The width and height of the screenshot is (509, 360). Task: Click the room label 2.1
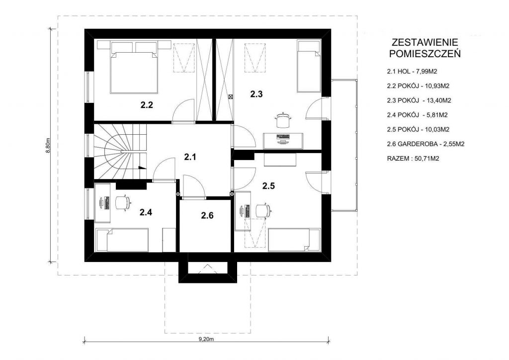click(x=190, y=157)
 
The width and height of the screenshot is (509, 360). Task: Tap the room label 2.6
click(x=207, y=215)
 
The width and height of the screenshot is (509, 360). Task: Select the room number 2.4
click(x=146, y=212)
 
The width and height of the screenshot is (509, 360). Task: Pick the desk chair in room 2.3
click(x=282, y=120)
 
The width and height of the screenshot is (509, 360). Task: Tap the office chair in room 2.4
click(x=123, y=203)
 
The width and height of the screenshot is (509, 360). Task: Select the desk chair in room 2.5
click(x=263, y=211)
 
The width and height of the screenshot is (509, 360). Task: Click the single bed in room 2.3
click(x=309, y=66)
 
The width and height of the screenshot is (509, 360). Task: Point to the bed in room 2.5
click(x=294, y=240)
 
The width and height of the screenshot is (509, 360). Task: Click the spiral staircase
click(x=120, y=151)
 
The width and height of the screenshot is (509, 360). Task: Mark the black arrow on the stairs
click(x=142, y=168)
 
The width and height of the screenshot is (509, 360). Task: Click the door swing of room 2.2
click(x=183, y=110)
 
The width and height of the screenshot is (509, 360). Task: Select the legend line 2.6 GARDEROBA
click(x=425, y=144)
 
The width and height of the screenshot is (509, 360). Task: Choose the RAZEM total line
click(x=413, y=159)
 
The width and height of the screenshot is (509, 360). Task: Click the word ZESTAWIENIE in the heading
click(x=425, y=42)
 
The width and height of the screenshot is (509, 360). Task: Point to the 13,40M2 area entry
click(x=438, y=100)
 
